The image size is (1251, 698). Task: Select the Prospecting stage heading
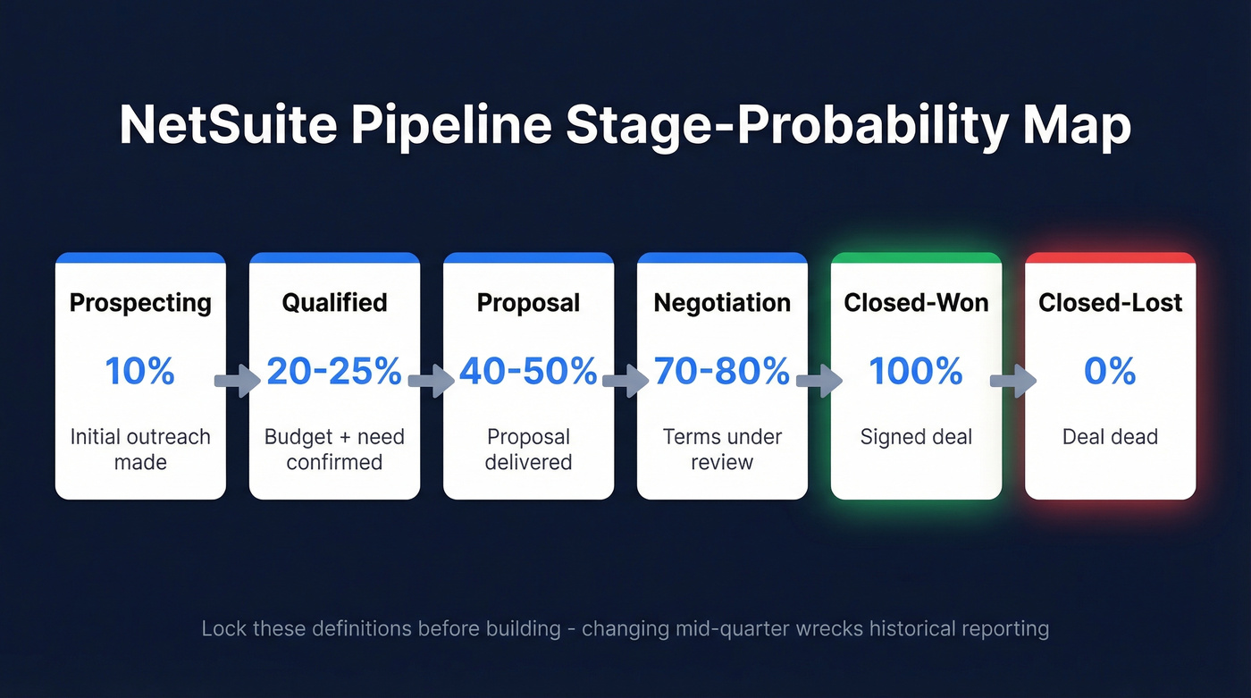pyautogui.click(x=140, y=303)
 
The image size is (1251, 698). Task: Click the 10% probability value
pyautogui.click(x=140, y=371)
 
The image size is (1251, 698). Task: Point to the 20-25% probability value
pyautogui.click(x=334, y=371)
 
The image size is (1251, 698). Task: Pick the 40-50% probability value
pyautogui.click(x=528, y=371)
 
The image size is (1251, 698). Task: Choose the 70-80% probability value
pyautogui.click(x=722, y=371)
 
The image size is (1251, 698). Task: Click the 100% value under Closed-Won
pyautogui.click(x=916, y=371)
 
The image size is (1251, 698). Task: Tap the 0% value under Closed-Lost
pyautogui.click(x=1110, y=371)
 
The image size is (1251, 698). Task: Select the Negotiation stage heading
pyautogui.click(x=722, y=303)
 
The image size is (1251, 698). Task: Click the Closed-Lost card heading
pyautogui.click(x=1110, y=303)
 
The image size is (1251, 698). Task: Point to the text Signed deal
pyautogui.click(x=916, y=437)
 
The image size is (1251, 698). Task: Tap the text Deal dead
pyautogui.click(x=1110, y=437)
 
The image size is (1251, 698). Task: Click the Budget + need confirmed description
pyautogui.click(x=334, y=450)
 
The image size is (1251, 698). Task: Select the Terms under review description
pyautogui.click(x=722, y=450)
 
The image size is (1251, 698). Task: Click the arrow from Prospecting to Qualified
pyautogui.click(x=237, y=381)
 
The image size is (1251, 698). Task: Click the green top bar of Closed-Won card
pyautogui.click(x=916, y=257)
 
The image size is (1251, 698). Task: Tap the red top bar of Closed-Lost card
pyautogui.click(x=1110, y=257)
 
